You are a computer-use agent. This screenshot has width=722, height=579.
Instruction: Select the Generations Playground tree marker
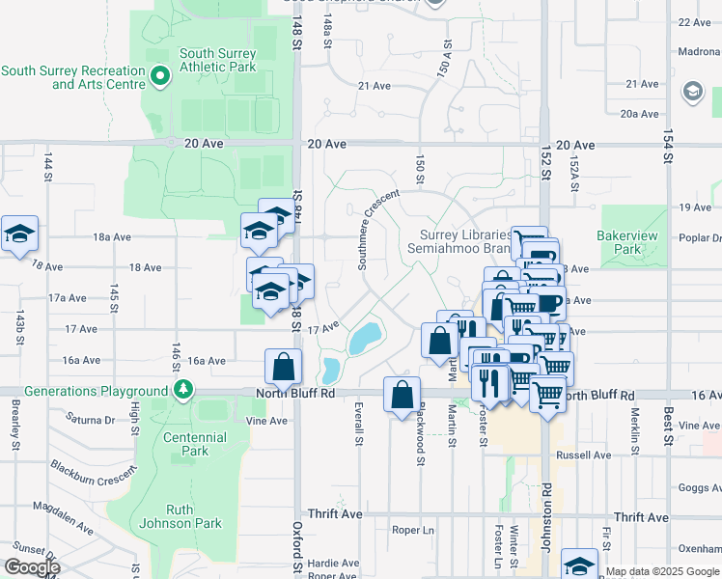pos(182,390)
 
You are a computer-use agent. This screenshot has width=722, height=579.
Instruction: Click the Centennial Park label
pos(195,444)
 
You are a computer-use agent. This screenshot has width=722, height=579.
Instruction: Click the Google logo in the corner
pos(31,567)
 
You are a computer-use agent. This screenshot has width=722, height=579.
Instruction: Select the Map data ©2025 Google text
pos(662,571)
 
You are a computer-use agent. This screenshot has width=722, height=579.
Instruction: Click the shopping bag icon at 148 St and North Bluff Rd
pos(284,367)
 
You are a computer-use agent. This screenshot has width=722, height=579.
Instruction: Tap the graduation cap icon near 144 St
pos(18,234)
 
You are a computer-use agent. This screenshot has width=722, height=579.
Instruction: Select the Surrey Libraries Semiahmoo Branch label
pos(465,242)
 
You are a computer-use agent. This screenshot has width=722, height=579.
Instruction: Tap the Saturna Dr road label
pos(90,419)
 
